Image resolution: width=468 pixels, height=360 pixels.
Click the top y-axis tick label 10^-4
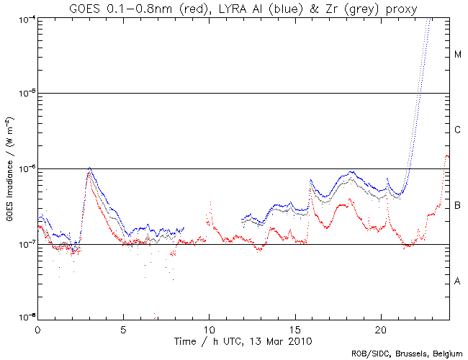[x=25, y=18]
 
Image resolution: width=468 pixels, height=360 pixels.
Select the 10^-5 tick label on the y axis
[x=25, y=93]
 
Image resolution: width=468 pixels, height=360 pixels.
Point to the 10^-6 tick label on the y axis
[x=25, y=168]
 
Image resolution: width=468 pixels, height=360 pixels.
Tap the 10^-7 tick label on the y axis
[x=25, y=244]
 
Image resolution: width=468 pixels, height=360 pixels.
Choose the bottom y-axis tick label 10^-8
[x=25, y=318]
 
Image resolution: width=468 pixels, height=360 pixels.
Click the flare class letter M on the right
[x=457, y=55]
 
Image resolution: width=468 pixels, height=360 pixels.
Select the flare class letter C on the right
[x=457, y=130]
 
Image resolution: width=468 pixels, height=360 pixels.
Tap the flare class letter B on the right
[x=457, y=207]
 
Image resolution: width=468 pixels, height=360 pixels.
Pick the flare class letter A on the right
[x=457, y=282]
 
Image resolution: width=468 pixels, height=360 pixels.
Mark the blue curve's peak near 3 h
[x=89, y=168]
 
